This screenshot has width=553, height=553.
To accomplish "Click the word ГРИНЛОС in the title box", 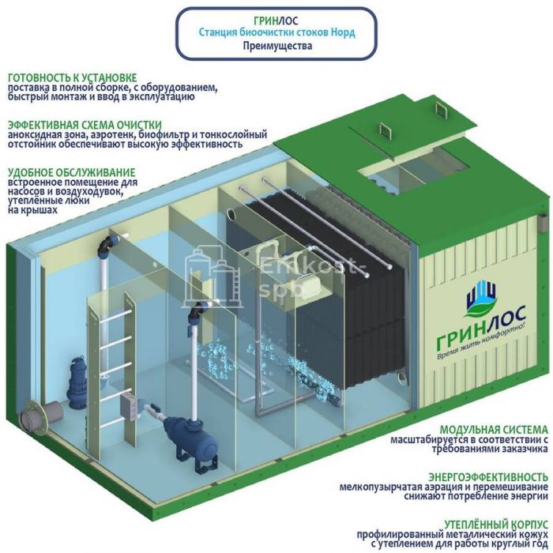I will pos(276,21).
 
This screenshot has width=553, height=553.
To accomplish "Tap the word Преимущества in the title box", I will pos(276,47).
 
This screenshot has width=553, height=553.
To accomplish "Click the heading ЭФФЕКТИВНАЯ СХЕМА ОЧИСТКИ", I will pos(85,125).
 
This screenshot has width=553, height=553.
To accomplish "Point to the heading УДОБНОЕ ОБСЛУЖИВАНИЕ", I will pos(71,172).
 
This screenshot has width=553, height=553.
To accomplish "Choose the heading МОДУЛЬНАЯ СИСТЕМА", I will pos(495,427).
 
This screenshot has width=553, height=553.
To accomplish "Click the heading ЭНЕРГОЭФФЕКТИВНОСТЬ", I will pos(489,476).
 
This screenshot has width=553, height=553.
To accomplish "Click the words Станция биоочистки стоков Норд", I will pos(276,33).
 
